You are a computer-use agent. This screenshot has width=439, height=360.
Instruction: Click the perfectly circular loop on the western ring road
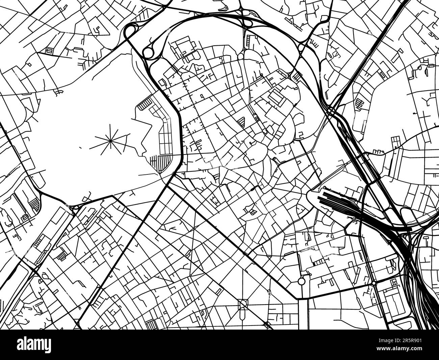(148, 53)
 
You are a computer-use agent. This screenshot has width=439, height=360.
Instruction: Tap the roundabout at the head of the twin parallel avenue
(301, 281)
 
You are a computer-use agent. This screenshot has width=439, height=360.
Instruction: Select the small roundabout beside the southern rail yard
(374, 283)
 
